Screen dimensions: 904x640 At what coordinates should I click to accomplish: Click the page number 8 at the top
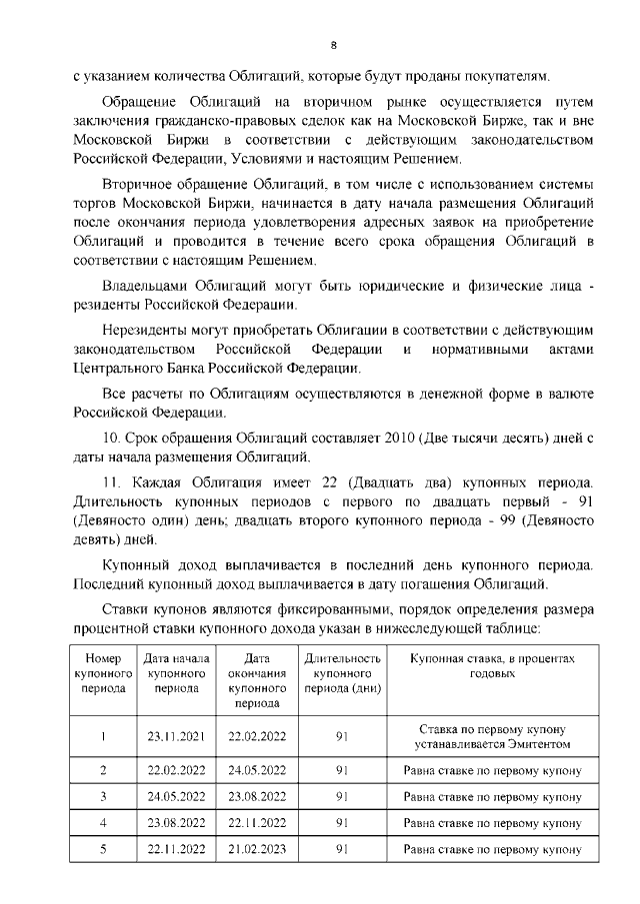334,44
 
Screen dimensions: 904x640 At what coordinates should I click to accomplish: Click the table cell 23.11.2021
176,736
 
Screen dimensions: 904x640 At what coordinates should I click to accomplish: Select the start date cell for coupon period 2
176,771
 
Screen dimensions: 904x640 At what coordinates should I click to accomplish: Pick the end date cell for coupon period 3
257,796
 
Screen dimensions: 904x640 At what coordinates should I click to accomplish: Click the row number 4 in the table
103,822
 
